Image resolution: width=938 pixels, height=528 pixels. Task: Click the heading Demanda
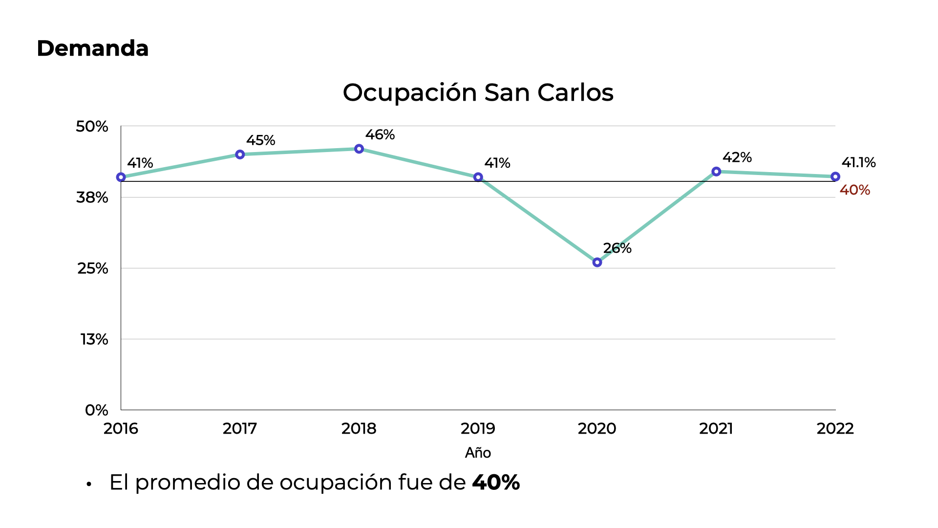tap(92, 48)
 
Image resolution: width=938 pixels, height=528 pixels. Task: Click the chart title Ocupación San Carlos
tap(478, 92)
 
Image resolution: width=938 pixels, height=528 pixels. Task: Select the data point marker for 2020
tap(597, 263)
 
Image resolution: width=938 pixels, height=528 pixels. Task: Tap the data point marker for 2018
tap(359, 149)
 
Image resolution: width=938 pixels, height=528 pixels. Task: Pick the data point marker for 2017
tap(240, 154)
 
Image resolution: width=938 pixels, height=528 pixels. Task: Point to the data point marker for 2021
tap(716, 172)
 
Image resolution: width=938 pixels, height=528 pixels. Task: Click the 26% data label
tap(617, 248)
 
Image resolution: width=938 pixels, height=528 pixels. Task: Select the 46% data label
tap(380, 134)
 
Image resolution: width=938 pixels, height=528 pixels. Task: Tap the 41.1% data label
tap(858, 162)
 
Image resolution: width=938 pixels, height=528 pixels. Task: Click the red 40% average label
tap(854, 190)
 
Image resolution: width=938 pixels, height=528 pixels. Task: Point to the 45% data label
tap(260, 140)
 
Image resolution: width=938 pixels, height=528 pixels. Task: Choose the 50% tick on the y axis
tap(92, 127)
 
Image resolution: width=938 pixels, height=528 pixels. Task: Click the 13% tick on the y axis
tap(94, 339)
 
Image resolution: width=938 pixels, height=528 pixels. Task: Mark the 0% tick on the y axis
tap(96, 410)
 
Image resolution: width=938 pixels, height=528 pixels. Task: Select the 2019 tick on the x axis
tap(478, 429)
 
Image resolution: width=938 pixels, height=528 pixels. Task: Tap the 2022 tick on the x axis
tap(835, 429)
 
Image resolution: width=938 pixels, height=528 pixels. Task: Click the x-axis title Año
tap(478, 453)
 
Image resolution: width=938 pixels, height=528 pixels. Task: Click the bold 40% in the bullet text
tap(495, 483)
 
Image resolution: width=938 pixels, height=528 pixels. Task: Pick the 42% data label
tap(737, 157)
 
